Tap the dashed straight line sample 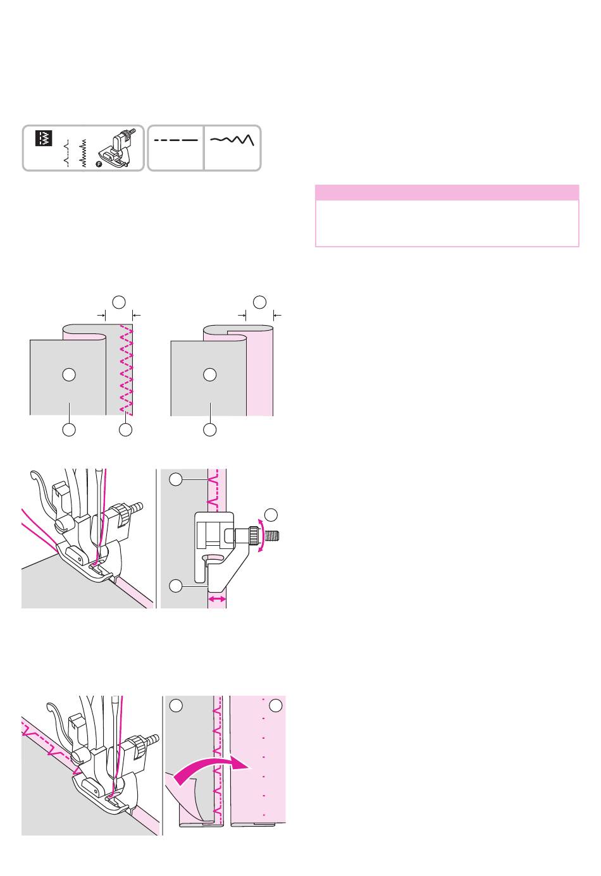(x=175, y=140)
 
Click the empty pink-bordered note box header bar (x=447, y=192)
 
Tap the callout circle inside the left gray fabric (x=69, y=374)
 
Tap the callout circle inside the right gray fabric (x=210, y=374)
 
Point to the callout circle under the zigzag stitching (x=125, y=429)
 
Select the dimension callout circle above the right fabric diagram (x=259, y=302)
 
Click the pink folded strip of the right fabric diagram (x=259, y=373)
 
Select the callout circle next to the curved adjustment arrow (x=271, y=514)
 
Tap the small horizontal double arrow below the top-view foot (x=217, y=598)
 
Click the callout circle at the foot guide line (x=177, y=586)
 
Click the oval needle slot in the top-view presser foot (x=213, y=557)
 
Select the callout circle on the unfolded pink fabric (x=276, y=706)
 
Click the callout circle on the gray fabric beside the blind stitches (x=177, y=706)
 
